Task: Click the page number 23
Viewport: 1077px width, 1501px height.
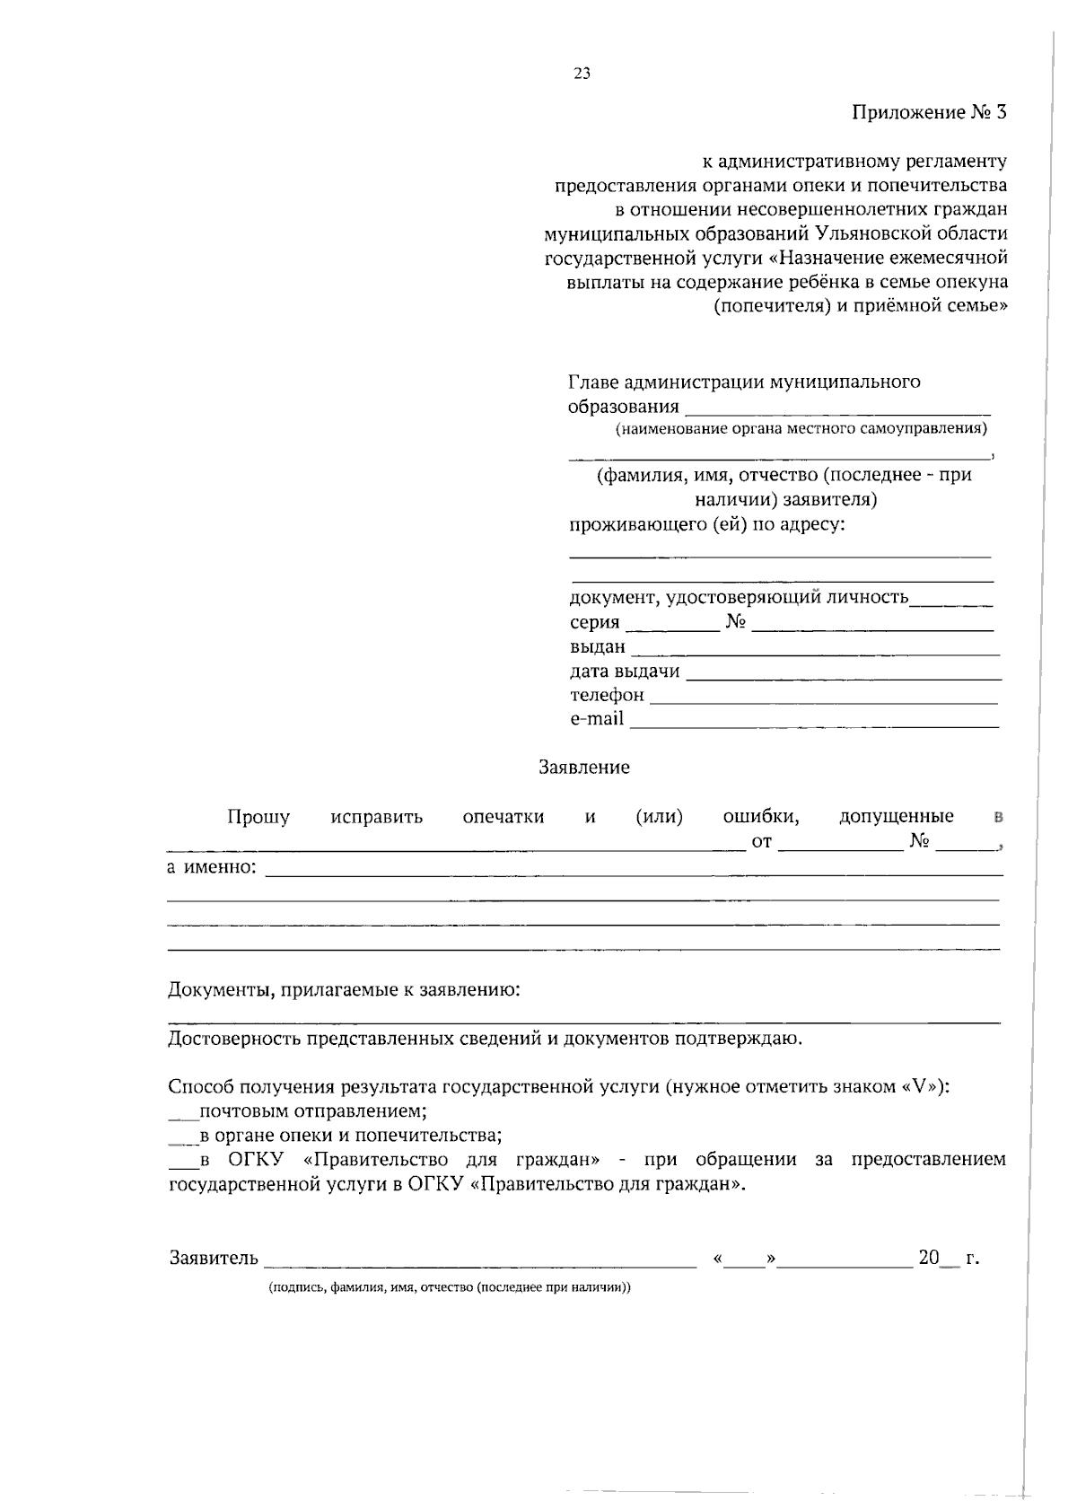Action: pyautogui.click(x=582, y=75)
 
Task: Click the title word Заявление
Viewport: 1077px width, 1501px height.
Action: pyautogui.click(x=583, y=768)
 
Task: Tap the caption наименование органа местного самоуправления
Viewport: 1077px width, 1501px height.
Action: pyautogui.click(x=801, y=428)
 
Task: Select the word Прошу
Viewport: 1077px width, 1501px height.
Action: pyautogui.click(x=258, y=817)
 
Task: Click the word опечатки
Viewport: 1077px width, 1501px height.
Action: pyautogui.click(x=503, y=817)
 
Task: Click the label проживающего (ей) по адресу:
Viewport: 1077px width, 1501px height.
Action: pyautogui.click(x=707, y=524)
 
